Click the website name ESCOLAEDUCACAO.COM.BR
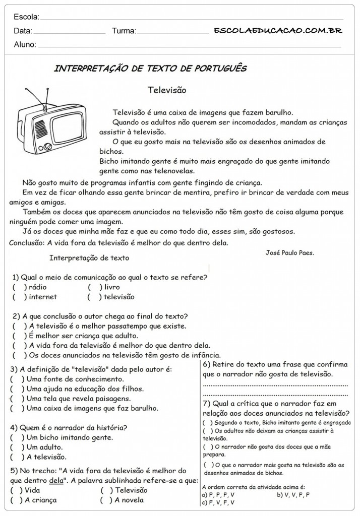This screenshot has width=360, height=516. click(x=278, y=30)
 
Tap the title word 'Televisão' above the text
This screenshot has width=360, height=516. click(x=167, y=90)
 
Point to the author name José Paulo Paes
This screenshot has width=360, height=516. click(x=289, y=253)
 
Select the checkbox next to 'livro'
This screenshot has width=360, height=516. click(x=94, y=287)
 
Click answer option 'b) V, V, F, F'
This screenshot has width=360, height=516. click(x=293, y=495)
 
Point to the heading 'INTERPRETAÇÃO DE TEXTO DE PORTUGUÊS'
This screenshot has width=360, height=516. click(x=150, y=69)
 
